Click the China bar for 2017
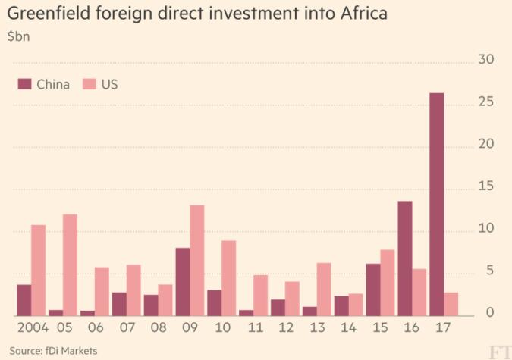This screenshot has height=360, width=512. click(x=436, y=205)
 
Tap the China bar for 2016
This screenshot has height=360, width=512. click(x=404, y=258)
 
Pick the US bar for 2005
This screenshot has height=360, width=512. click(x=70, y=265)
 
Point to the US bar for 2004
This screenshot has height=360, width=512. click(x=39, y=271)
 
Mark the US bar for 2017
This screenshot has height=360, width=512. click(x=451, y=304)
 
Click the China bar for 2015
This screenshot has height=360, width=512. click(x=372, y=290)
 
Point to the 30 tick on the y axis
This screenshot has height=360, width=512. click(x=486, y=61)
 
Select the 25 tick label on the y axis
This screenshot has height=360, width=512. click(x=486, y=102)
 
